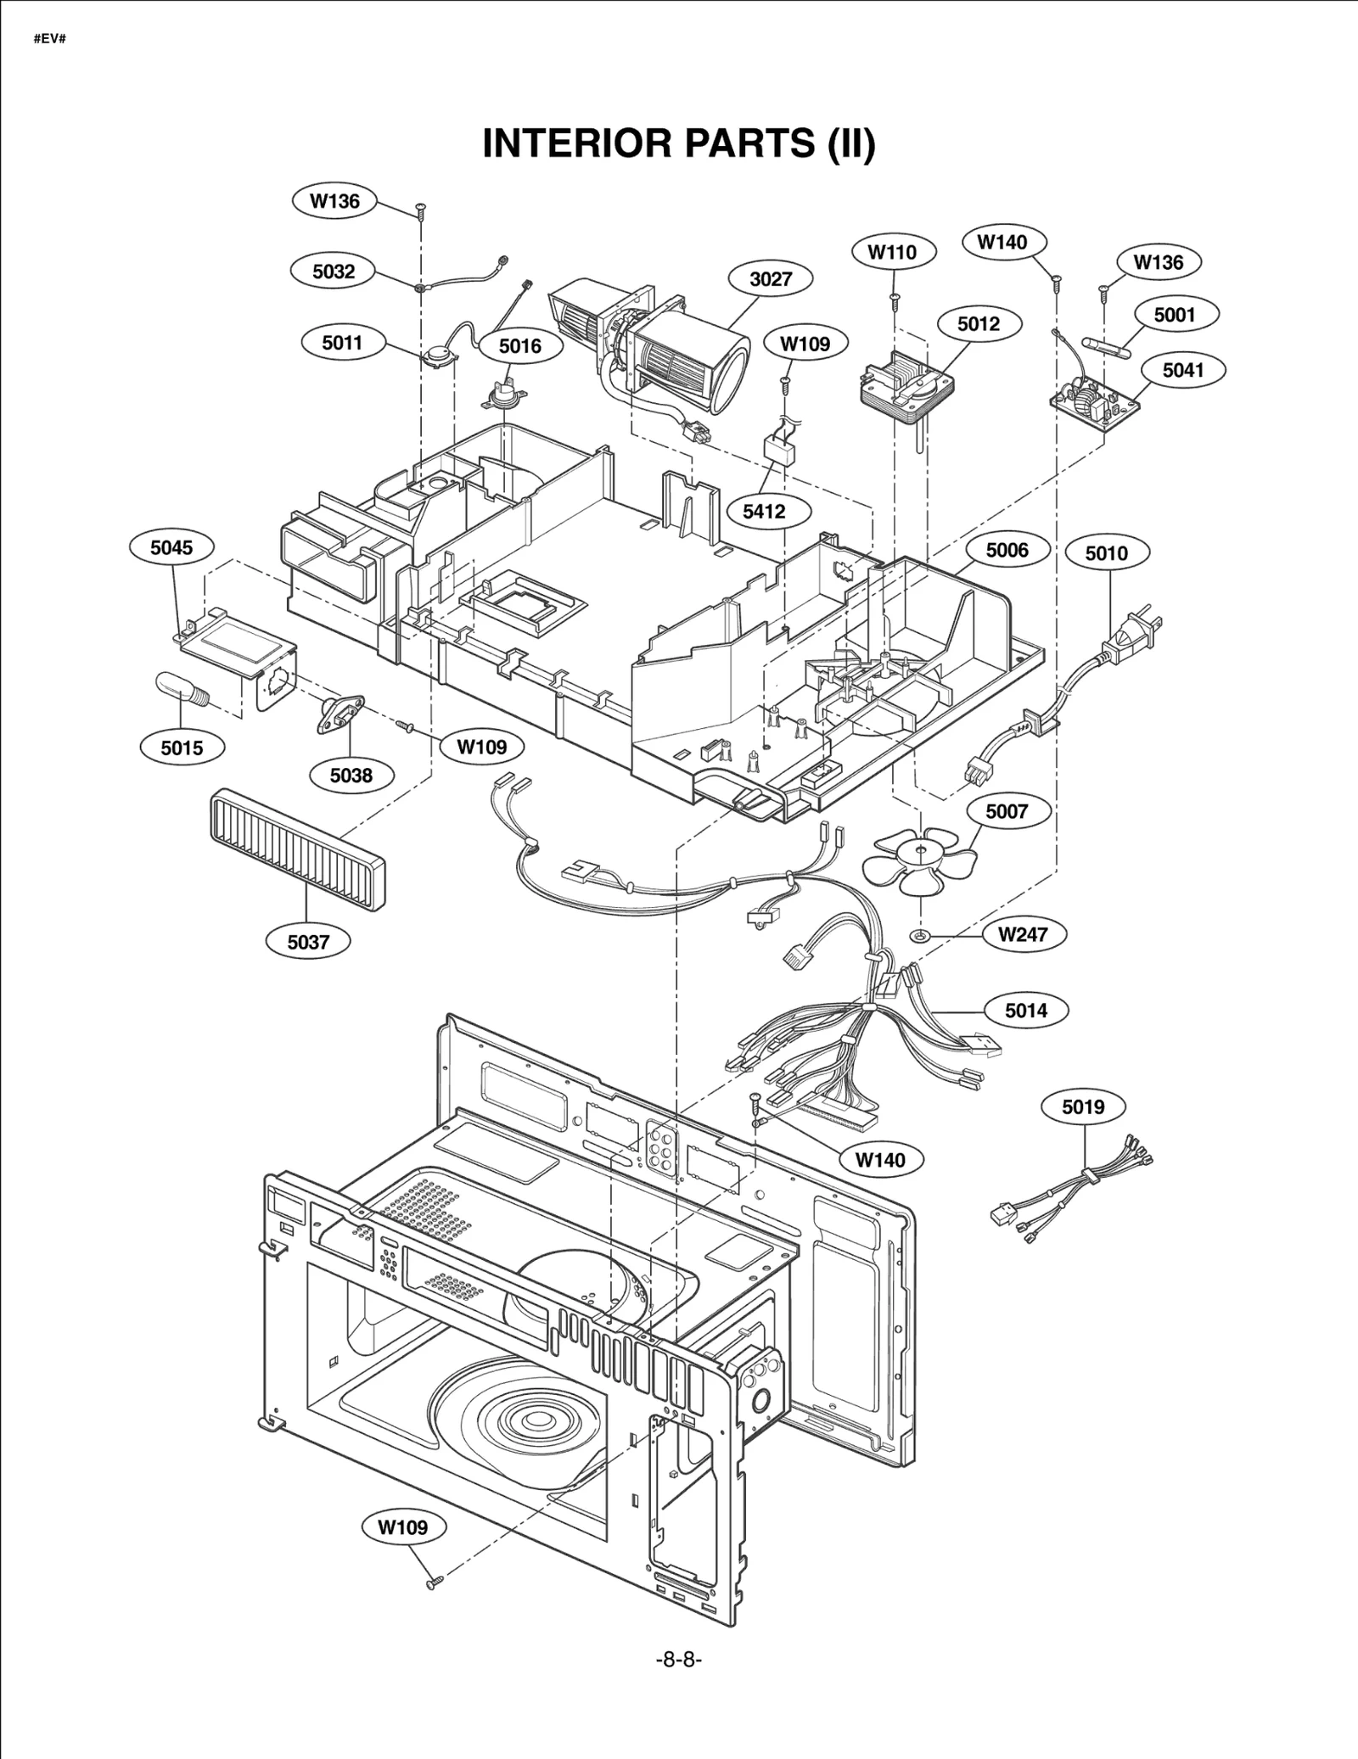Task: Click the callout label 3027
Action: (771, 278)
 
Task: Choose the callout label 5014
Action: (1025, 1010)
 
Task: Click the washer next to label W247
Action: (921, 935)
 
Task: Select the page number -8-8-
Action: (678, 1660)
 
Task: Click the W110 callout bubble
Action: (893, 252)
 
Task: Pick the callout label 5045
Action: (171, 547)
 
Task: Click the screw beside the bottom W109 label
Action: (434, 1582)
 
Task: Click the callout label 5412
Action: (764, 511)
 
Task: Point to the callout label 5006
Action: (1007, 550)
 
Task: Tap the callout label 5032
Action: (334, 272)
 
